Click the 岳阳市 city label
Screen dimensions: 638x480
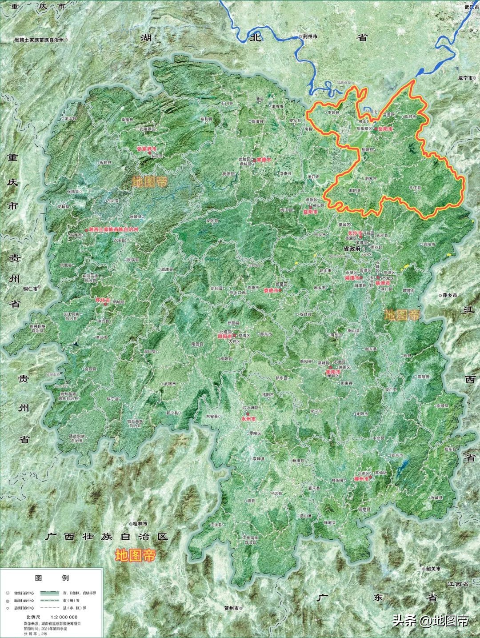pos(385,128)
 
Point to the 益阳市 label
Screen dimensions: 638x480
pos(310,213)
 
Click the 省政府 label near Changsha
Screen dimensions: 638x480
pos(352,249)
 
